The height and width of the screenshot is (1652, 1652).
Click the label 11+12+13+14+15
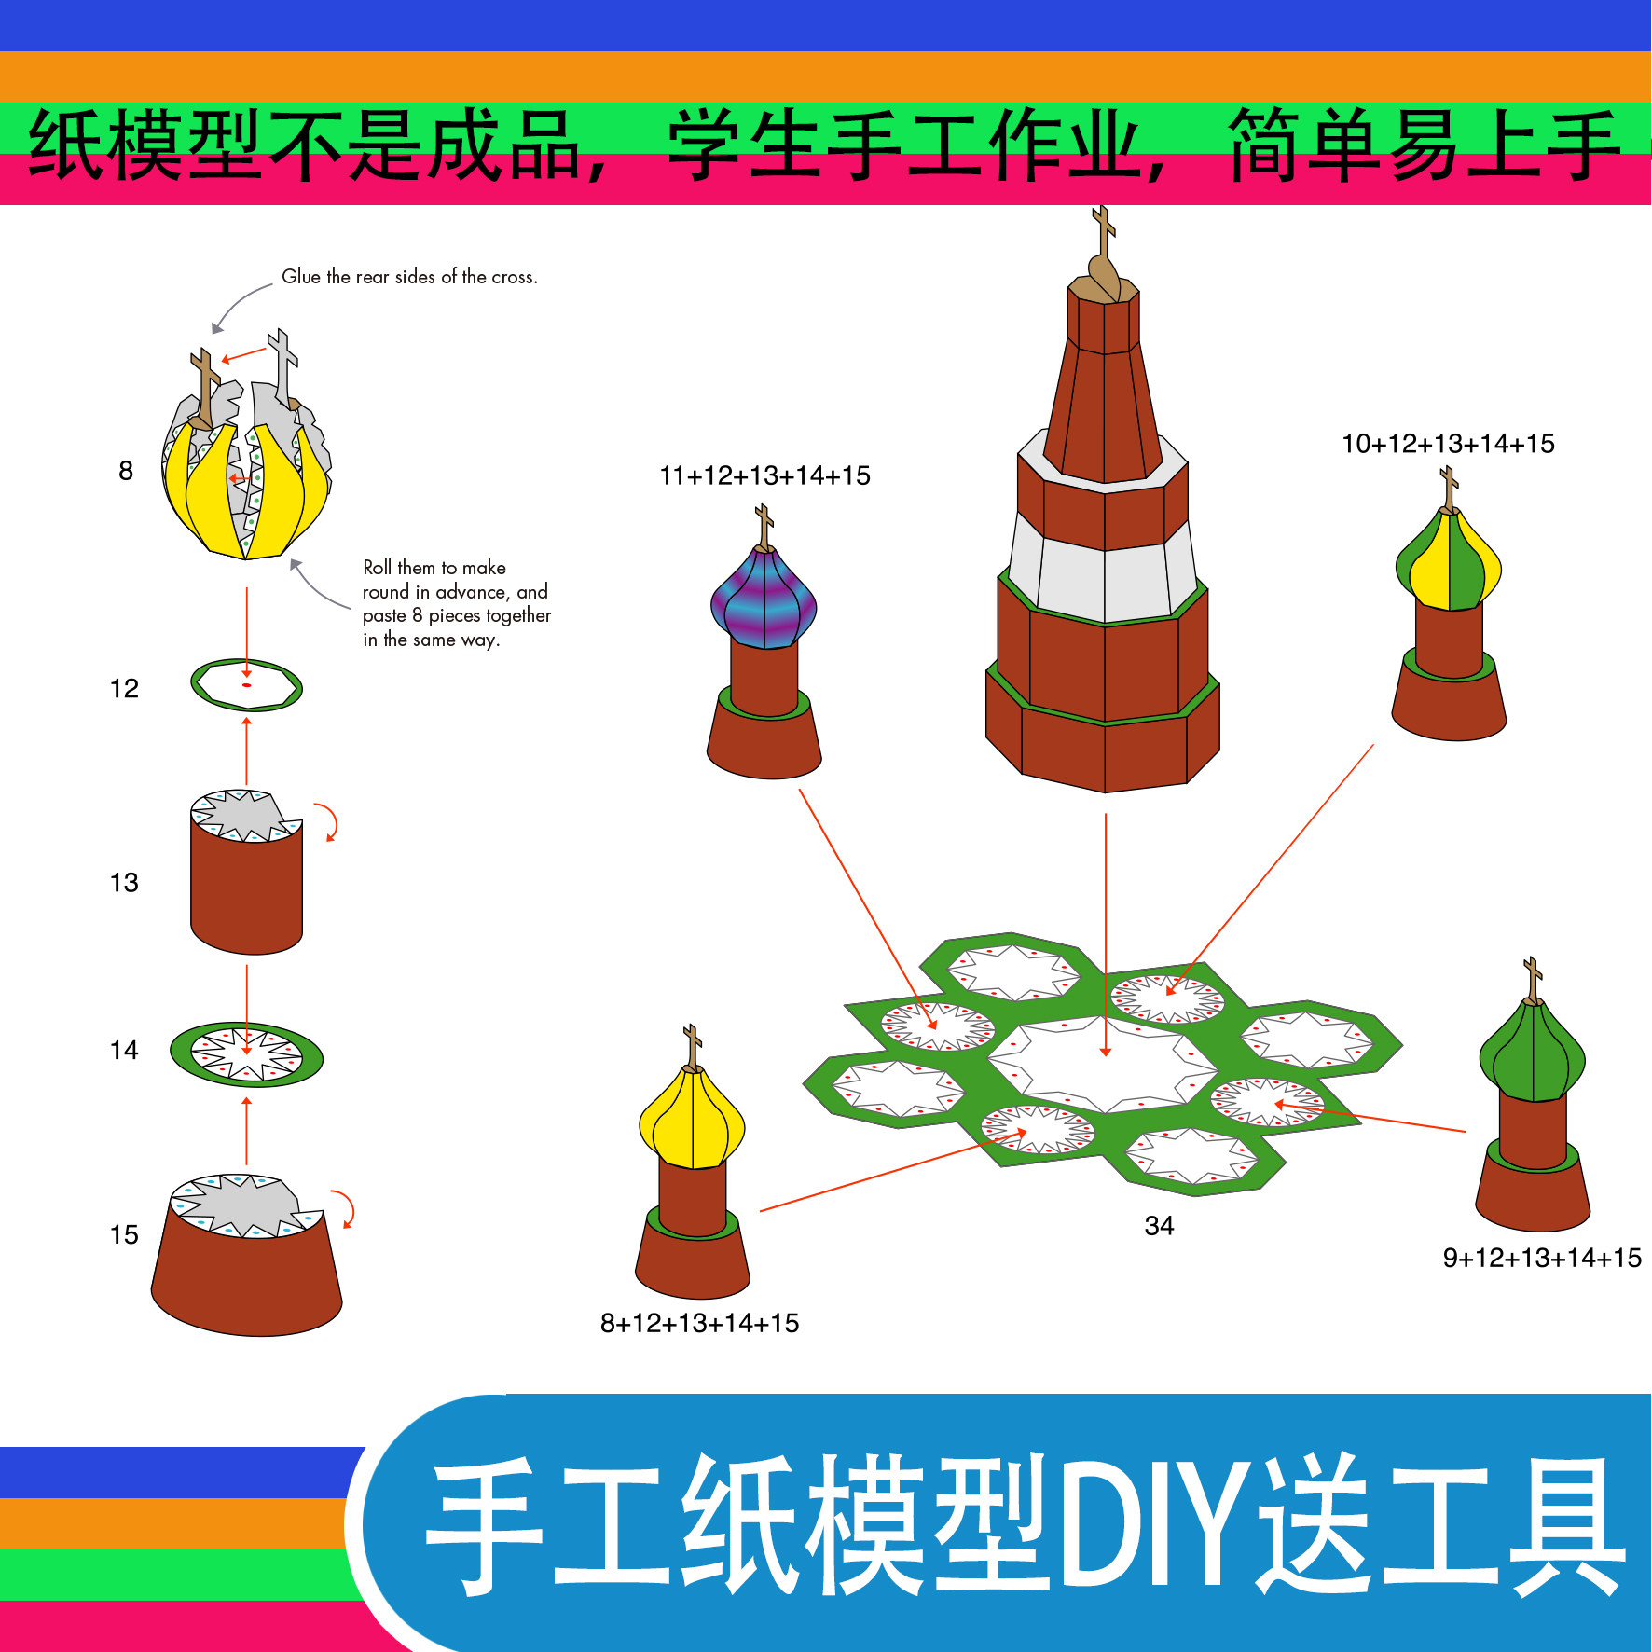(x=764, y=475)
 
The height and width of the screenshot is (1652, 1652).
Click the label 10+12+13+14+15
(x=1448, y=444)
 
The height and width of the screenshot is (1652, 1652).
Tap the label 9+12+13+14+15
(x=1542, y=1258)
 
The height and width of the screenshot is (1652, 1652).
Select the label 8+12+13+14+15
(x=699, y=1323)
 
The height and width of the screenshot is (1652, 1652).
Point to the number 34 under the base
(x=1159, y=1225)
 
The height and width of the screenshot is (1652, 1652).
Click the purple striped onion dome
(x=764, y=599)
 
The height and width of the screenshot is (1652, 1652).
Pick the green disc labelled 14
(x=246, y=1054)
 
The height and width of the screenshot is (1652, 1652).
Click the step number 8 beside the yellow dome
(x=126, y=471)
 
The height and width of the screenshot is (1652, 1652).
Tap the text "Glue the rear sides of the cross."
(x=409, y=277)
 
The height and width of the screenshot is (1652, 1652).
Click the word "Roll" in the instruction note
(x=377, y=568)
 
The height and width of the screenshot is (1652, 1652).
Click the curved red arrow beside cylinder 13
(x=327, y=821)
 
